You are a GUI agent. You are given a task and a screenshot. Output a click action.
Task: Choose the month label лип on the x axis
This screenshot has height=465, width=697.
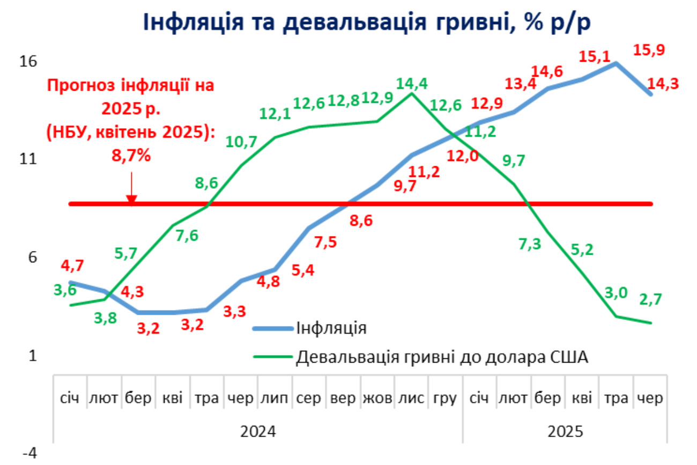tap(275, 399)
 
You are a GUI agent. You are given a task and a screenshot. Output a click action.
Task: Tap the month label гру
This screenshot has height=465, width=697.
tap(445, 399)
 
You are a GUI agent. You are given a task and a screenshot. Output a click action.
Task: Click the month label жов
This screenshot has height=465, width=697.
tap(377, 399)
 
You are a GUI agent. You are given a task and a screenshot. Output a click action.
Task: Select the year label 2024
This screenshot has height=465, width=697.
tap(258, 431)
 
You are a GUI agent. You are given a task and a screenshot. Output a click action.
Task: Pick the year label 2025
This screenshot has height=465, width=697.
tap(566, 431)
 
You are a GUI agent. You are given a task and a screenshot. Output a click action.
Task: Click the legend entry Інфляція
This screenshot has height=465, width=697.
tap(331, 328)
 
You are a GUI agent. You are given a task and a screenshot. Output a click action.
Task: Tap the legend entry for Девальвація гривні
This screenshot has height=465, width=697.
tap(442, 357)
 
